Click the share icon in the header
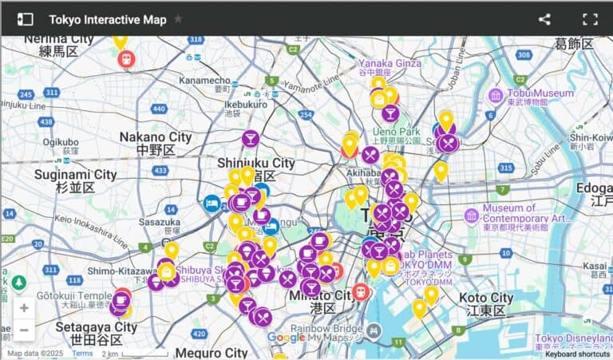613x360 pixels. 544,19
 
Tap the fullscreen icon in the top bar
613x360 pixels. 590,19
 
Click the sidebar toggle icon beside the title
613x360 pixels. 26,19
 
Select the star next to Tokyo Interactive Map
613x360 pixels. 178,19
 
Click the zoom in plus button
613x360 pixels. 24,308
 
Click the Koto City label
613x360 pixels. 486,298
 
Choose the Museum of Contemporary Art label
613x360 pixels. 527,213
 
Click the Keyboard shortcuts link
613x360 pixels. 577,354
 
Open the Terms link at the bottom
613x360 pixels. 82,354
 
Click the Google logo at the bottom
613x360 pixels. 285,338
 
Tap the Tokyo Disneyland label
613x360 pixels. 573,338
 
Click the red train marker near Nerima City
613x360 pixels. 125,58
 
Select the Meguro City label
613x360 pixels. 212,352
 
